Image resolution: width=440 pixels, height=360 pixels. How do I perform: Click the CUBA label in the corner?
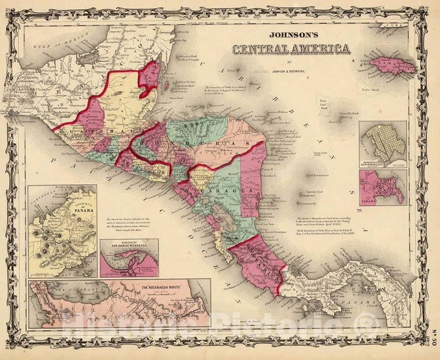coord(403,29)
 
